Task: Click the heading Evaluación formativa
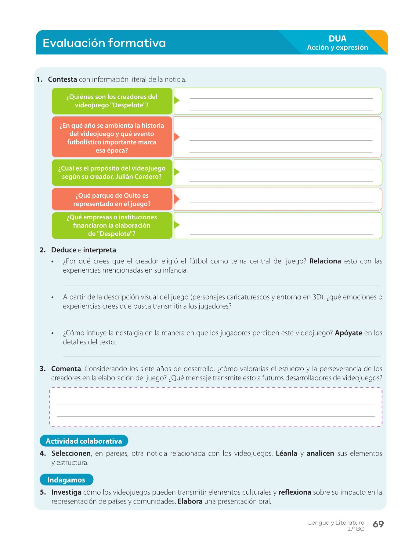pos(104,43)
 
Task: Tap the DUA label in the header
pos(337,39)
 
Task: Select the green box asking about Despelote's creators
pos(112,101)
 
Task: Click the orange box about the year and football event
pos(112,137)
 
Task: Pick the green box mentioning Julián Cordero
pos(112,173)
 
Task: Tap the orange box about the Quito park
pos(112,200)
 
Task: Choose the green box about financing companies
pos(112,226)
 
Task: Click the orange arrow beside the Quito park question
pos(176,199)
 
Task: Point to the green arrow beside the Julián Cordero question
pos(176,172)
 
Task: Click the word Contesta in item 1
pos(62,79)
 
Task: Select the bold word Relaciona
pos(325,261)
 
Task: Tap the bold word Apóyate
pos(349,333)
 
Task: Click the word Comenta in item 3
pos(66,369)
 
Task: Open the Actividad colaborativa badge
pos(84,441)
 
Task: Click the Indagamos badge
pos(66,480)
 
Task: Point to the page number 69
pos(378,524)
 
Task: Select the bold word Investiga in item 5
pos(66,492)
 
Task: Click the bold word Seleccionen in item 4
pos(71,453)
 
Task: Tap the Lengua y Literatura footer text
pos(336,523)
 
